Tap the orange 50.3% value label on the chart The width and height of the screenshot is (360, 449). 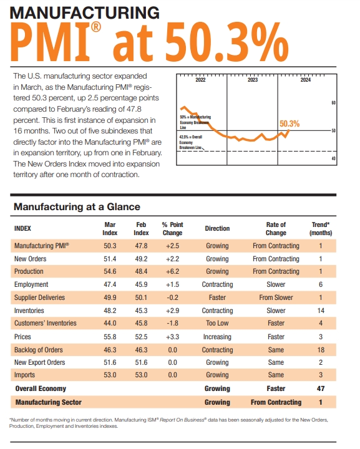pos(289,123)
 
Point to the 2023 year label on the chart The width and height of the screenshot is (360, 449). pos(252,80)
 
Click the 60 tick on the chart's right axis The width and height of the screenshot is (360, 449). pos(334,103)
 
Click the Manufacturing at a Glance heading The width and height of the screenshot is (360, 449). pos(77,206)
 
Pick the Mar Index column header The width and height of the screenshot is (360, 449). pos(110,228)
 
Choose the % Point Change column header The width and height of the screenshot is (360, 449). pos(172,228)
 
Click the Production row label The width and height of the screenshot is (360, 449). pos(29,271)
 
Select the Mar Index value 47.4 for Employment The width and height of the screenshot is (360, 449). pos(110,284)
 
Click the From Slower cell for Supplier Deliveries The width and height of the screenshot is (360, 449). pos(276,297)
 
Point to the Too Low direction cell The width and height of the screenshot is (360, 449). pos(217,324)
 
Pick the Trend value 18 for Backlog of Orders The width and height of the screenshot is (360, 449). pos(320,350)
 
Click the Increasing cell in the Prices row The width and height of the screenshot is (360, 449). pos(217,337)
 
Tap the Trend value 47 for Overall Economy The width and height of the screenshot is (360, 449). pos(320,389)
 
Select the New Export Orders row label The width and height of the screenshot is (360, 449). pos(39,362)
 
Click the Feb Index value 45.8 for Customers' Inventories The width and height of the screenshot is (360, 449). pos(141,324)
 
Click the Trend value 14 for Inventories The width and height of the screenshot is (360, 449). pos(320,311)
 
